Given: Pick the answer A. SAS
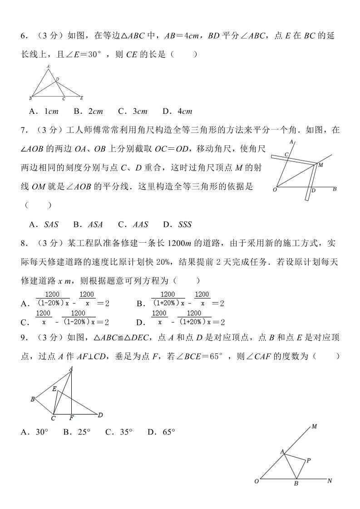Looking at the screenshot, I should tap(44, 224).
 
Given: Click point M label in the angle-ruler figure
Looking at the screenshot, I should tap(321, 165).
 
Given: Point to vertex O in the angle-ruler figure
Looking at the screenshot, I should tap(275, 190).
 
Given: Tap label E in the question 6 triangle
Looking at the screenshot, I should tap(81, 98).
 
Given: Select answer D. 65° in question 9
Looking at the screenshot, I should tap(161, 432).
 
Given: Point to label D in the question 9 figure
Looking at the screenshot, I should tap(100, 414).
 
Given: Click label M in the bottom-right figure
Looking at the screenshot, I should tap(314, 426).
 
